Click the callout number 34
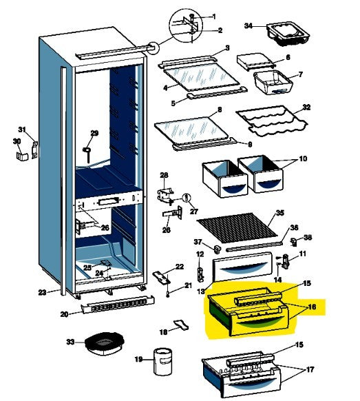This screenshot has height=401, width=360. click(248, 26)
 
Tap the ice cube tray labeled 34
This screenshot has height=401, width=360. click(282, 32)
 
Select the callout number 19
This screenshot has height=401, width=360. click(138, 359)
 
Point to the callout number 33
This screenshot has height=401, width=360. click(70, 341)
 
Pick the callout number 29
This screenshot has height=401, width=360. click(95, 133)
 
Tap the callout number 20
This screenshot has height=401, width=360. click(64, 314)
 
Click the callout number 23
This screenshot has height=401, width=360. click(43, 293)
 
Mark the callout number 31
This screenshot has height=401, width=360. click(21, 130)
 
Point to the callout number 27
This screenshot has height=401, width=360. click(194, 212)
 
